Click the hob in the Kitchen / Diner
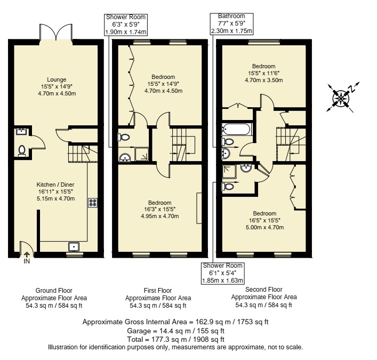[93, 203]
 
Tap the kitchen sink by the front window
[74, 247]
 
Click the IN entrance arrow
[27, 254]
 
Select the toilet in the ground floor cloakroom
[22, 151]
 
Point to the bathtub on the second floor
[237, 129]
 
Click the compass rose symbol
[341, 98]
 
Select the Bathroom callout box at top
[231, 23]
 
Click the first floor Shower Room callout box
[126, 25]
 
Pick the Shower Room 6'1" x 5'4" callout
[222, 273]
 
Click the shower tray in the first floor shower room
[142, 154]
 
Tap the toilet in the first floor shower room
[124, 137]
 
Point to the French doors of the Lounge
[56, 32]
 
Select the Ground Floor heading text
[54, 291]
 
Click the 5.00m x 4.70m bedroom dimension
[264, 227]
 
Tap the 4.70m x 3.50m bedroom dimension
[264, 80]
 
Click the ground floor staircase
[83, 153]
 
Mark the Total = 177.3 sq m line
[176, 339]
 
